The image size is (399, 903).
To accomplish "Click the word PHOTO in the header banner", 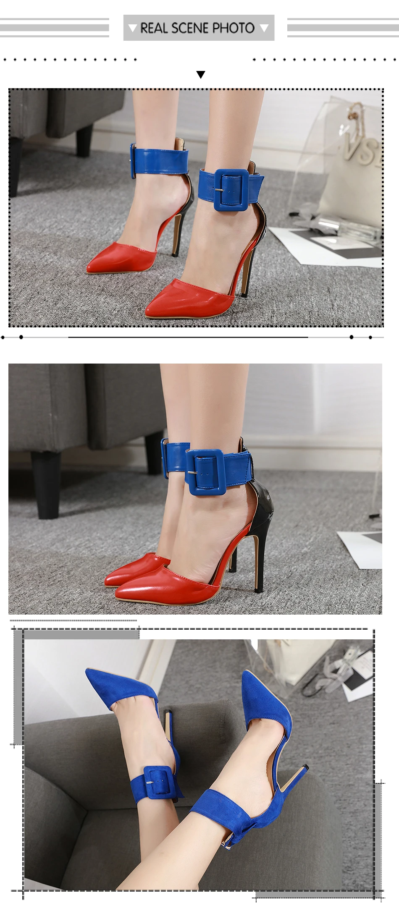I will [x=233, y=28].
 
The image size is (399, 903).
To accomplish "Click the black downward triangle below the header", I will [x=201, y=75].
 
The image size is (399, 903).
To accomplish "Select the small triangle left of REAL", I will [x=133, y=29].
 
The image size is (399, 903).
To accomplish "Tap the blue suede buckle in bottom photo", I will [x=158, y=781].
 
